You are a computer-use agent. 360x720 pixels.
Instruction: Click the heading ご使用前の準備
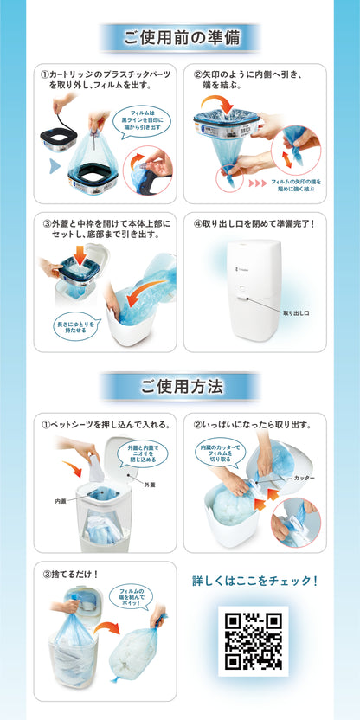coord(180,38)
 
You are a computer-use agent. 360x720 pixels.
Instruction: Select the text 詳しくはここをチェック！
coord(254,581)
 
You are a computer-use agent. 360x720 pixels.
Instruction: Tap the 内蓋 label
coord(61,500)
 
